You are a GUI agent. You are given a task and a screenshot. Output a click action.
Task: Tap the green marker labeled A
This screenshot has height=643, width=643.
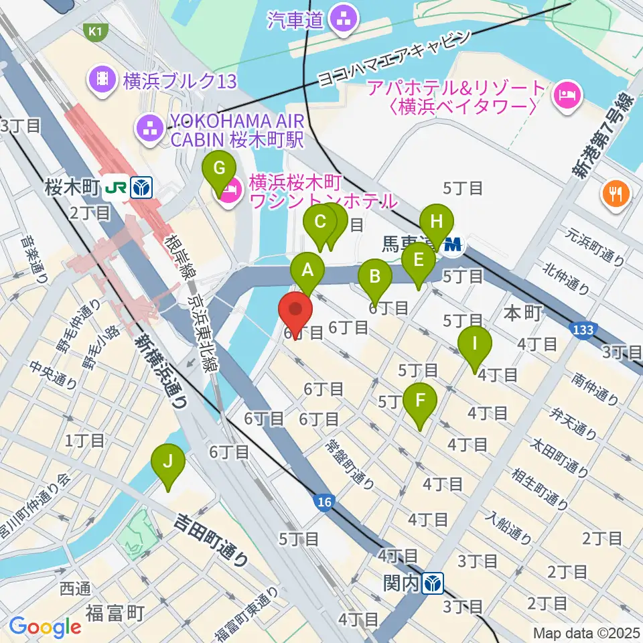(x=307, y=271)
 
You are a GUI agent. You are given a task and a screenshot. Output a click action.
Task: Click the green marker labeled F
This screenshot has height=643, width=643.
(x=421, y=401)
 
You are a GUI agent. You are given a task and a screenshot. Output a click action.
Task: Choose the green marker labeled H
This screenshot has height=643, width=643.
(x=437, y=221)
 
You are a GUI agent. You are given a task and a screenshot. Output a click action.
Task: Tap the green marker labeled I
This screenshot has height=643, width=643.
(x=475, y=345)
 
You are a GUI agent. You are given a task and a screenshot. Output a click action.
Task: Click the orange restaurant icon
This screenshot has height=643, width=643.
(x=615, y=194)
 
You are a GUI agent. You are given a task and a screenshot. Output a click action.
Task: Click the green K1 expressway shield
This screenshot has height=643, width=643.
(x=95, y=31)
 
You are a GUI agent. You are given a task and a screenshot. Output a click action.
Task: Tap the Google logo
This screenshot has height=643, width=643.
(x=45, y=627)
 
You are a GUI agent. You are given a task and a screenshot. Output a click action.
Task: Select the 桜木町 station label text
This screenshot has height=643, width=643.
(x=72, y=188)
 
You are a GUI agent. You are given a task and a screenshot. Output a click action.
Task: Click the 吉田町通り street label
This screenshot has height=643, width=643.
(x=212, y=539)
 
